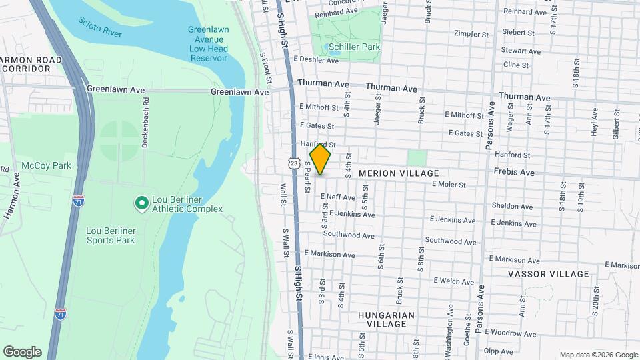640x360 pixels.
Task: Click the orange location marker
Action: (320, 159)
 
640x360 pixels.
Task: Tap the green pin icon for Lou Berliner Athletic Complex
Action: (141, 203)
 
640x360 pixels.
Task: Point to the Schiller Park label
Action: (354, 47)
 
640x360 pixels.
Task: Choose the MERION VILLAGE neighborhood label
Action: (400, 173)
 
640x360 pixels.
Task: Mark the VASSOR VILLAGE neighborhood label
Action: (549, 274)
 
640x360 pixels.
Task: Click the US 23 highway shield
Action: (293, 163)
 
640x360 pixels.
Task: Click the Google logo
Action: (22, 352)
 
